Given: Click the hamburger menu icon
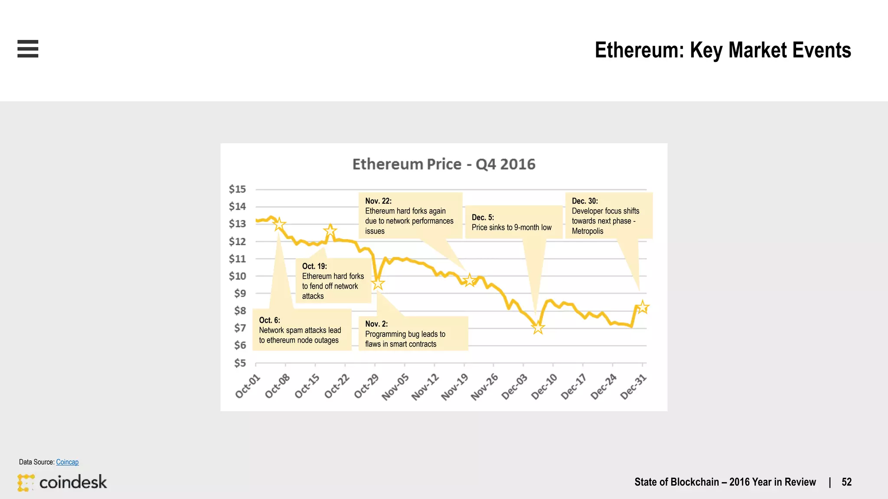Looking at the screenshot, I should click(x=28, y=49).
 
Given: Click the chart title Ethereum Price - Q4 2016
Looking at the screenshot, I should click(x=444, y=164).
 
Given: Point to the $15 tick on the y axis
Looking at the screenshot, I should click(x=237, y=189).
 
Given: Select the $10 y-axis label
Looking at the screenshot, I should click(x=237, y=276).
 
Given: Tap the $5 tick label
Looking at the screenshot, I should click(x=240, y=363).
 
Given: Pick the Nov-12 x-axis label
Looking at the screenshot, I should click(x=425, y=387).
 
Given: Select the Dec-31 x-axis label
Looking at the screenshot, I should click(x=633, y=387).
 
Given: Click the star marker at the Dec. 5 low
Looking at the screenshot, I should click(x=538, y=327).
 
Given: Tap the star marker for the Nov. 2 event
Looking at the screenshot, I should click(x=378, y=283).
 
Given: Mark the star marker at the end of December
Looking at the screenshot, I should click(x=642, y=307).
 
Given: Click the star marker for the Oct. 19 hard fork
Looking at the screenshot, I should click(x=330, y=230).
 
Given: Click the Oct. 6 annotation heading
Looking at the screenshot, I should click(x=269, y=320).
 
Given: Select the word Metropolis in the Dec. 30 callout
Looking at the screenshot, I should click(x=587, y=231).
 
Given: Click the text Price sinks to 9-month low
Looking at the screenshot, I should click(x=511, y=227).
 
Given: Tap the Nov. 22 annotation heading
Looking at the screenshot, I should click(x=378, y=201).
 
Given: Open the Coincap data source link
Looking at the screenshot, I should click(x=67, y=462).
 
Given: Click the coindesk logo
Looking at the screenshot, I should click(x=62, y=482).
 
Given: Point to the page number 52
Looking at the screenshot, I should click(x=846, y=482).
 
